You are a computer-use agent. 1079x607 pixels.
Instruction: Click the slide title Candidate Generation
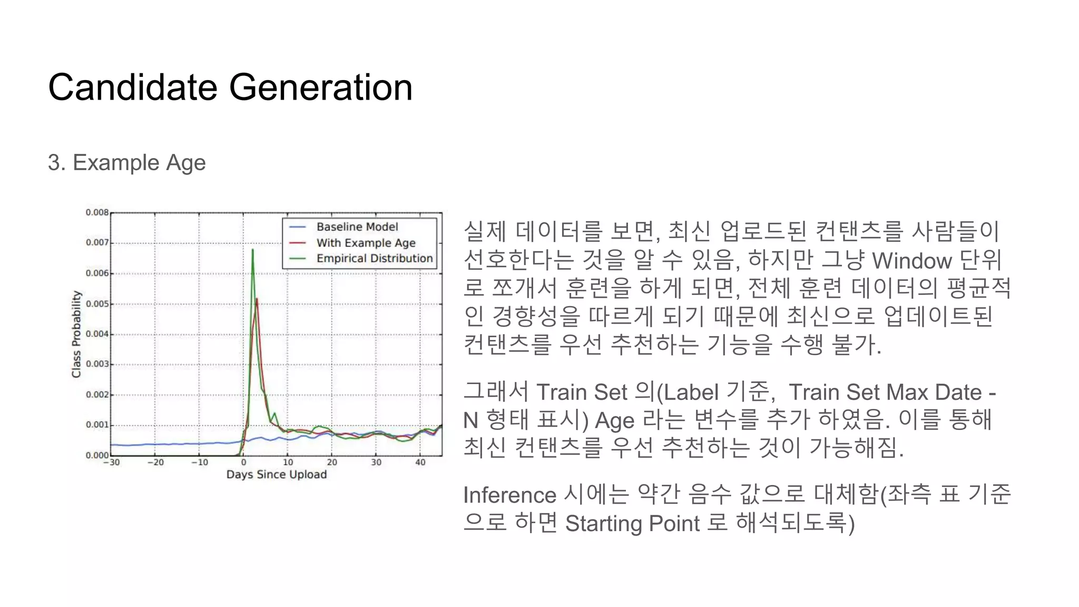[x=230, y=87]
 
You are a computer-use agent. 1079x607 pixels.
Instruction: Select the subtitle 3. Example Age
[x=126, y=162]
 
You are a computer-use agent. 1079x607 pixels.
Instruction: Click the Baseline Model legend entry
[x=357, y=227]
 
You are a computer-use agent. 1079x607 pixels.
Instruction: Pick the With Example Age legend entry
[x=366, y=243]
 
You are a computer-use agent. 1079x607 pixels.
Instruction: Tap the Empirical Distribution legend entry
[x=374, y=259]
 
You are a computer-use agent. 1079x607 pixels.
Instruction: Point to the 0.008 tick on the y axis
[x=97, y=212]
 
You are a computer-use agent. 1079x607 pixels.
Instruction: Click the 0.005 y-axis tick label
[x=97, y=304]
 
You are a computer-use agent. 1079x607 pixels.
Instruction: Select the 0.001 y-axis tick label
[x=97, y=425]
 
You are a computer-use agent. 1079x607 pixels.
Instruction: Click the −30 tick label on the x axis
[x=111, y=463]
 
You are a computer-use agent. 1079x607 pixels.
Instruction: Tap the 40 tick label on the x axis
[x=420, y=463]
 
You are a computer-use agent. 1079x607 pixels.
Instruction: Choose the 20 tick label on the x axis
[x=332, y=463]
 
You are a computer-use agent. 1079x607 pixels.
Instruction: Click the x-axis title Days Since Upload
[x=277, y=474]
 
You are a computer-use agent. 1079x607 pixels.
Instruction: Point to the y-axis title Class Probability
[x=77, y=334]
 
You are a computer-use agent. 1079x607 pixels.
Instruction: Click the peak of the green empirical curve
[x=252, y=250]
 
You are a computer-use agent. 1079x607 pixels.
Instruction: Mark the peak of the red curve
[x=257, y=299]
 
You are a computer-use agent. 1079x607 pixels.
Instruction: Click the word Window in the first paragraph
[x=912, y=261]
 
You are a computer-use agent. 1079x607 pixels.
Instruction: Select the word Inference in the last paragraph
[x=509, y=495]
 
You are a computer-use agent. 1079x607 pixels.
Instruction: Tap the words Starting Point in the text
[x=632, y=524]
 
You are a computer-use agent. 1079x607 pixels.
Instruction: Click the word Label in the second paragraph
[x=691, y=393]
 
